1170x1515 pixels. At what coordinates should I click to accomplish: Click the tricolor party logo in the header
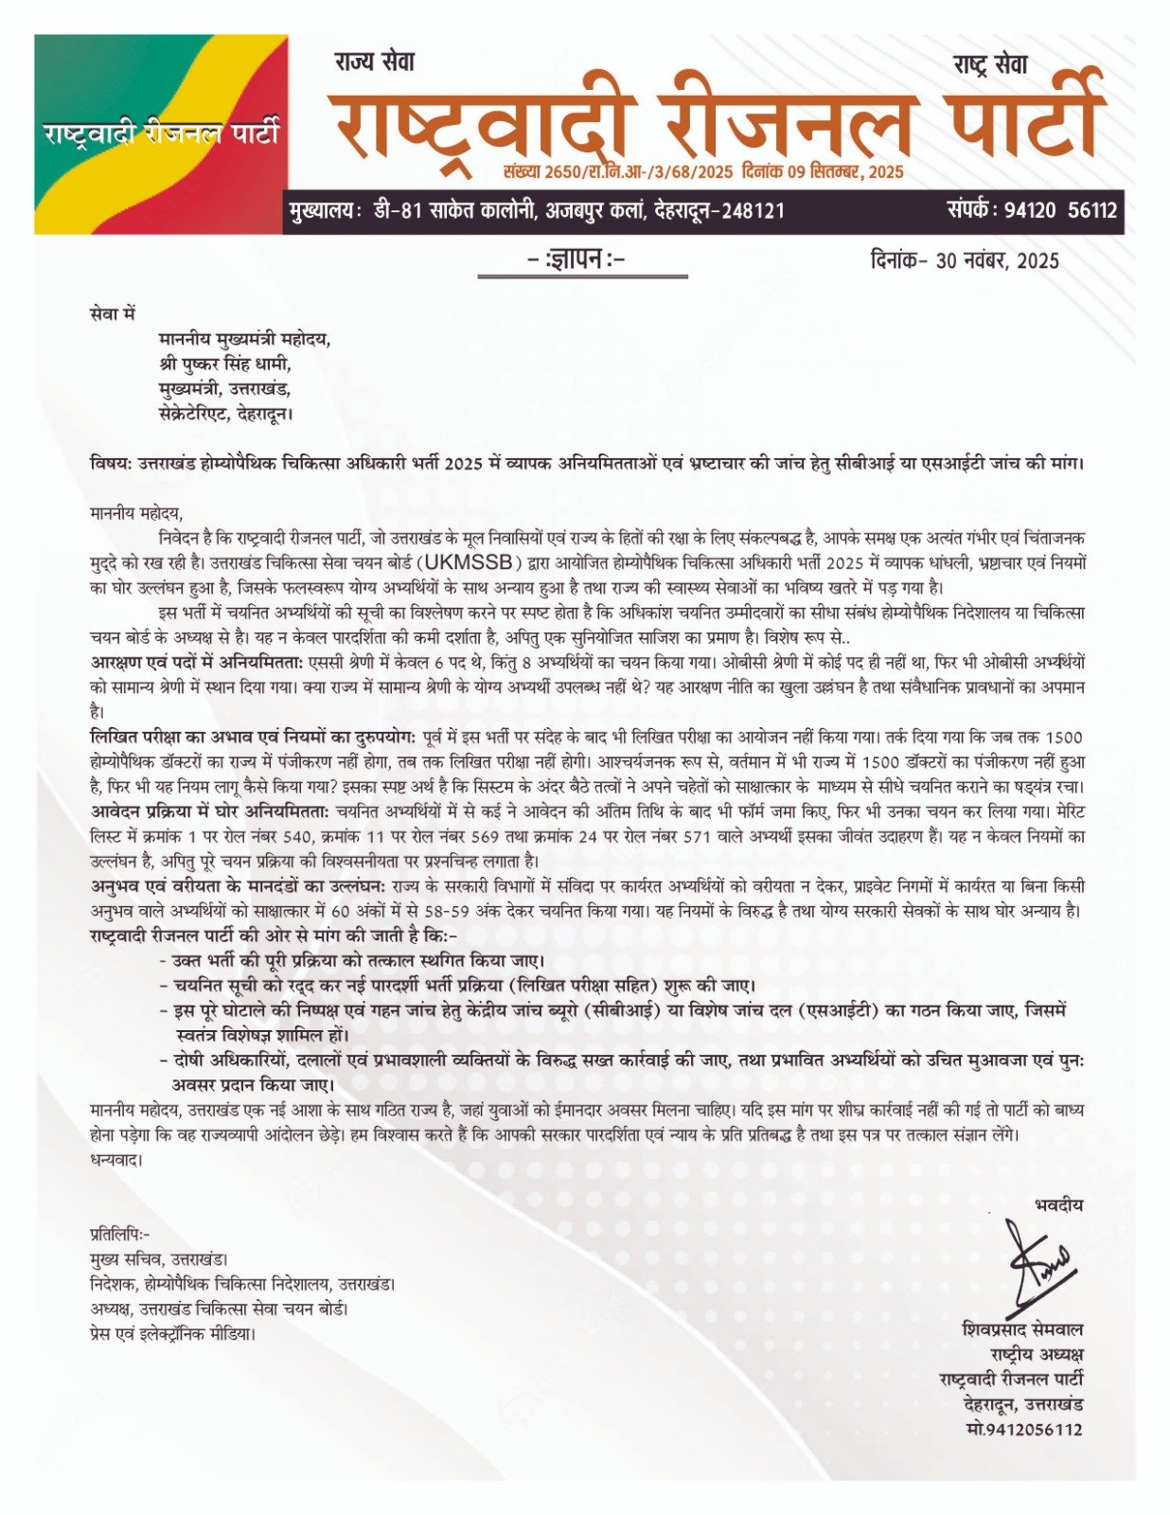[161, 134]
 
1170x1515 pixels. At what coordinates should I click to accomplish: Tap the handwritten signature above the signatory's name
[1039, 1264]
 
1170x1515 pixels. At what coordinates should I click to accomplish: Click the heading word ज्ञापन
[581, 258]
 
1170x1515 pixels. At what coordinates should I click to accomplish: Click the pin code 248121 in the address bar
[753, 211]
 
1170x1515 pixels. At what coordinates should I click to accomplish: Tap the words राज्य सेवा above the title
[374, 63]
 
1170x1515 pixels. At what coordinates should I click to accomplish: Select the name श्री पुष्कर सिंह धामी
[224, 364]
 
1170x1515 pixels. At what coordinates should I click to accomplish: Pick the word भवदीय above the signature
[1058, 1205]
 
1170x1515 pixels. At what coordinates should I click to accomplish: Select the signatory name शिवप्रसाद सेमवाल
[1021, 1329]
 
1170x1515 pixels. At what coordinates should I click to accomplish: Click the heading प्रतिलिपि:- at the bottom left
[119, 1234]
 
